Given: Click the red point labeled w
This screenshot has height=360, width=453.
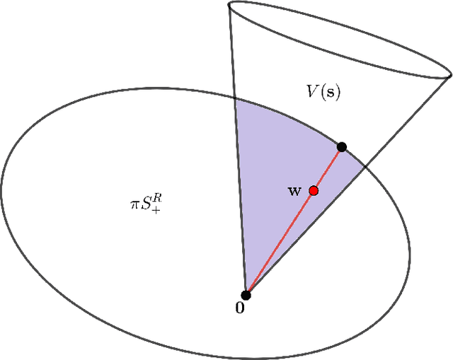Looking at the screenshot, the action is (x=314, y=190).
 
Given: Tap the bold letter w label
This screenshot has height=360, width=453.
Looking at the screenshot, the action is (x=294, y=190).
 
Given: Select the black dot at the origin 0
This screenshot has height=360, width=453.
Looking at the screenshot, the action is (x=246, y=295).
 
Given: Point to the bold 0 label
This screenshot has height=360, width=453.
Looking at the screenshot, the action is (x=241, y=309).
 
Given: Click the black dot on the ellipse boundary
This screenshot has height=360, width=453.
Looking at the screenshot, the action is (x=342, y=147).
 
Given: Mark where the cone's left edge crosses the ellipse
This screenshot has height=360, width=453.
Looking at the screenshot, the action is (x=234, y=98).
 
